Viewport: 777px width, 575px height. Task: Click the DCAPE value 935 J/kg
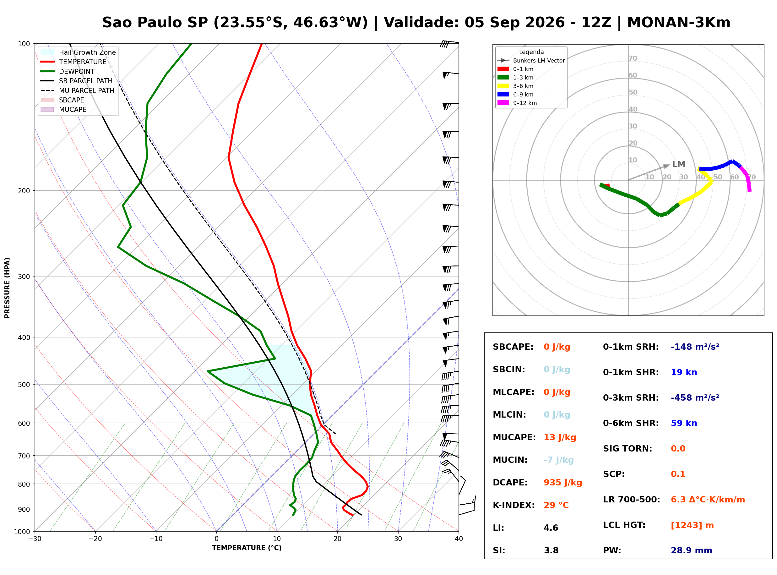[x=562, y=483]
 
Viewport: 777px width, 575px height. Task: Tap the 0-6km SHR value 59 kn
[x=683, y=423]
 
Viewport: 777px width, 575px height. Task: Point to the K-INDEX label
[x=513, y=505]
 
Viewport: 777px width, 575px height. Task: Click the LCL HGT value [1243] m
[x=692, y=525]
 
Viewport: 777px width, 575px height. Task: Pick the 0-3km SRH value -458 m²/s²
[x=695, y=397]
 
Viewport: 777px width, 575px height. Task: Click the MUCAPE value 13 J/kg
[x=560, y=437]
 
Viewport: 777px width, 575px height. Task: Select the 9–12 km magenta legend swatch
[x=503, y=103]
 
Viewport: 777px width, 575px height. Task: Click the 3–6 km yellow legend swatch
[x=503, y=86]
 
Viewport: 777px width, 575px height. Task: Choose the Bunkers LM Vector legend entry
[x=531, y=61]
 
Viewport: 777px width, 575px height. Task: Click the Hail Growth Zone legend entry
[x=78, y=52]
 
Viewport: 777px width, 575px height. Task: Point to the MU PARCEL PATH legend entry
[x=77, y=90]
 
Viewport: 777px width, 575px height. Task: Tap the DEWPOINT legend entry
[x=68, y=71]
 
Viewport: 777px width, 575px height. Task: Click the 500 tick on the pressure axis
[x=24, y=385]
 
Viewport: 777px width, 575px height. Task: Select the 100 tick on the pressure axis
[x=24, y=43]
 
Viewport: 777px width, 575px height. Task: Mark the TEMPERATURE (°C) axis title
[x=247, y=548]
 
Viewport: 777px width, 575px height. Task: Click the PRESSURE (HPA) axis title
[x=7, y=288]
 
